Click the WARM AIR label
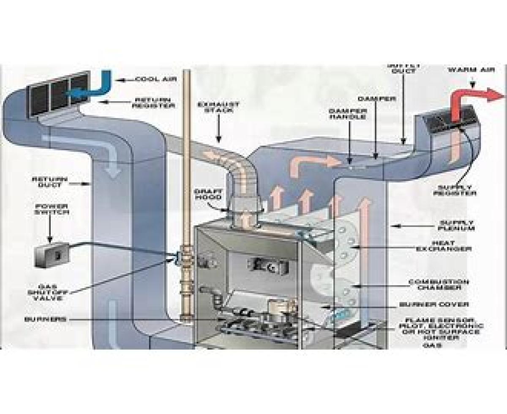click(471, 70)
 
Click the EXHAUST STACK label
click(219, 107)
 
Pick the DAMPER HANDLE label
click(347, 114)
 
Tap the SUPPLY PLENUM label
click(457, 225)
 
